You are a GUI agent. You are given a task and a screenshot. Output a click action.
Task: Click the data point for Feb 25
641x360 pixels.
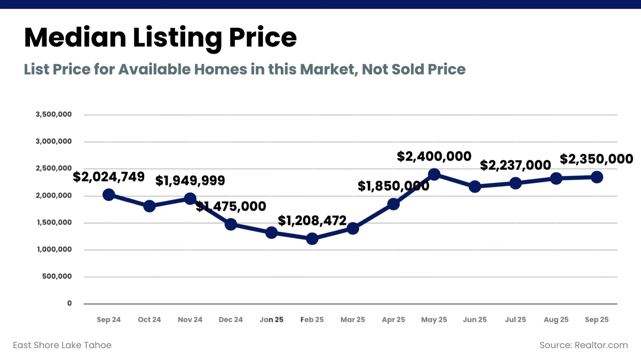(312, 239)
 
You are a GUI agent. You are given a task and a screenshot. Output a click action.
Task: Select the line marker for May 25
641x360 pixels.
(434, 174)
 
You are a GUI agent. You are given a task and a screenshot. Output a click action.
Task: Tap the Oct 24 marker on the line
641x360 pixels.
(149, 206)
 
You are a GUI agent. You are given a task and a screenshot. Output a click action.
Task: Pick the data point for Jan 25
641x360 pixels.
(271, 233)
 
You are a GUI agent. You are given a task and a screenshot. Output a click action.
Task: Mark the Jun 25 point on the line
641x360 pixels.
(475, 187)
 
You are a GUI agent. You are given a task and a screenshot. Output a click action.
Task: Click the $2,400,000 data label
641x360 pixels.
(434, 156)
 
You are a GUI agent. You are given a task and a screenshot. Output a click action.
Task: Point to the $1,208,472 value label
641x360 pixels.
(312, 221)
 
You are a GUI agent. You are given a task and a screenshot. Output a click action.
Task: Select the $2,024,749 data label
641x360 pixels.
(109, 177)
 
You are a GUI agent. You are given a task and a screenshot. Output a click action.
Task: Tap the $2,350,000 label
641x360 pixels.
(596, 159)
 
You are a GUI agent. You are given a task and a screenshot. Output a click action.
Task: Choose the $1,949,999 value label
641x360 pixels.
(190, 181)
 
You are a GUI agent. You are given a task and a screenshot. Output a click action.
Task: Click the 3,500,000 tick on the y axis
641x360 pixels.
(54, 114)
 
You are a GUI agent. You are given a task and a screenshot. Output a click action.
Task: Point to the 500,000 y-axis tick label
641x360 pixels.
(57, 276)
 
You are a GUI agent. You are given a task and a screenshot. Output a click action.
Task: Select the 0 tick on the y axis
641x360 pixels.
(69, 303)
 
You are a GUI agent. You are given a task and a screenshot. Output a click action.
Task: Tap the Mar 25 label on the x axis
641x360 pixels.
(353, 320)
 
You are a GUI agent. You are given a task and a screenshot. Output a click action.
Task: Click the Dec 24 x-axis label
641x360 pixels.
(231, 320)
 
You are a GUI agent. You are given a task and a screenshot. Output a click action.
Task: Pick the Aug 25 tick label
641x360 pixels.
(556, 320)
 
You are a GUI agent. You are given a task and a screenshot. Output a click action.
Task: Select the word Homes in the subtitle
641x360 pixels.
(221, 69)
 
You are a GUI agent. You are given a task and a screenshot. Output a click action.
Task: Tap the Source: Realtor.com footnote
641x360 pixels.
(584, 345)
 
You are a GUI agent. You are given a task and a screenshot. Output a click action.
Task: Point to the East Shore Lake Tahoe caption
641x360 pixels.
(62, 345)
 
